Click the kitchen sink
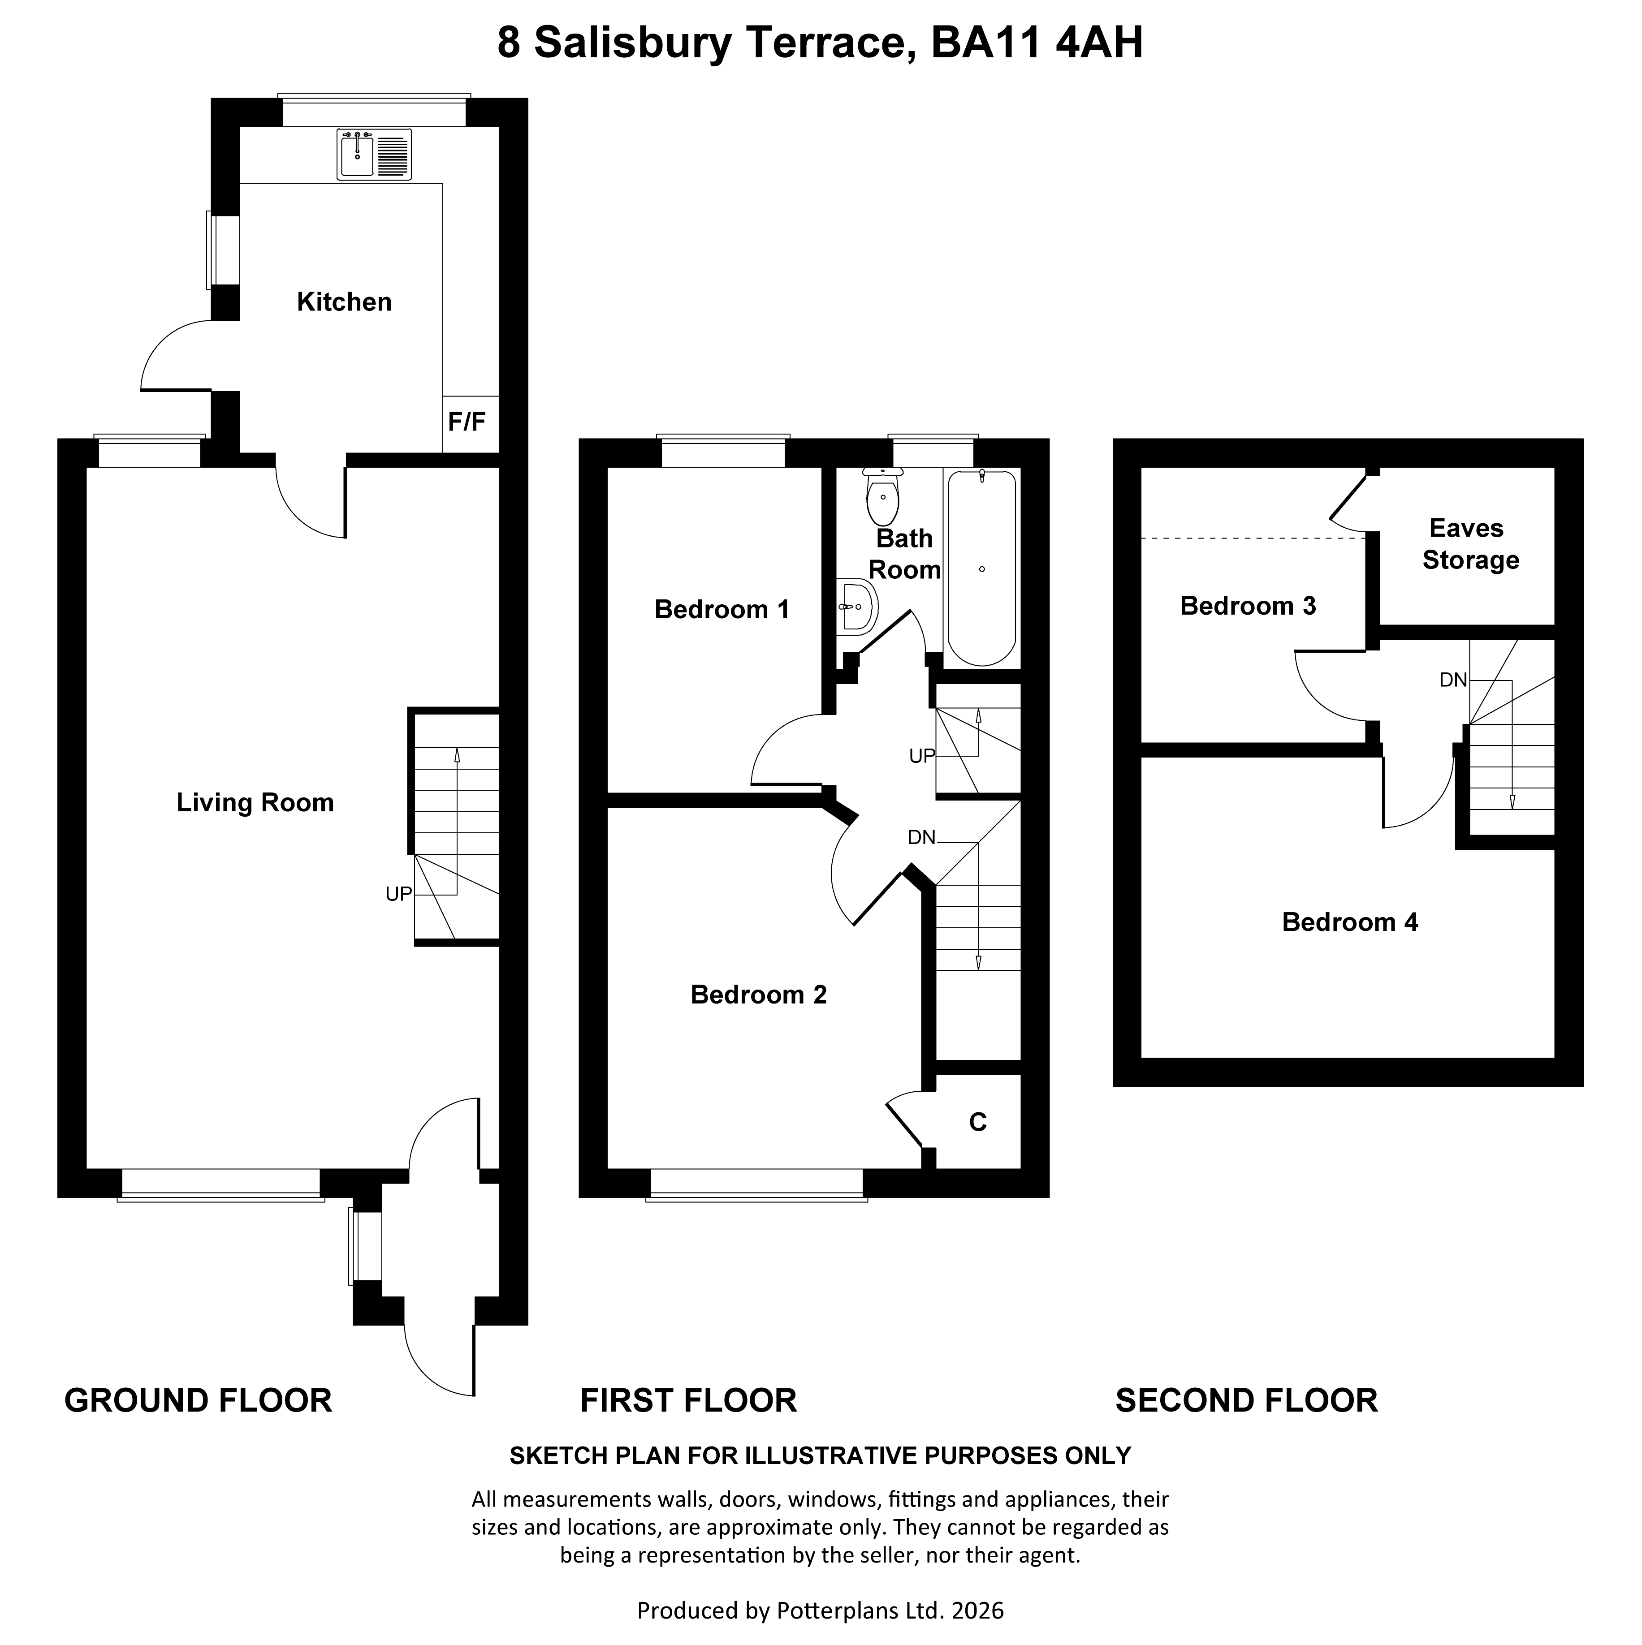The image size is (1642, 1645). tap(374, 154)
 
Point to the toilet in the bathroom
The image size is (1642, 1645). tap(882, 497)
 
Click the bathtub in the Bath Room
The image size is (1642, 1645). tap(982, 568)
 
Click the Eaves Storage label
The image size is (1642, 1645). tap(1470, 544)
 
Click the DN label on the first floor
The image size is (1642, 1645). tap(921, 838)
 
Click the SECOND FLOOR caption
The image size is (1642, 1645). tap(1246, 1401)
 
